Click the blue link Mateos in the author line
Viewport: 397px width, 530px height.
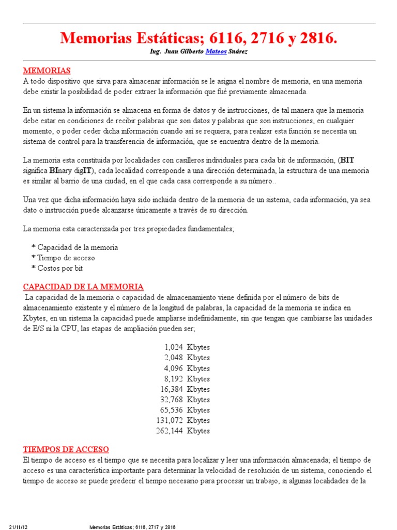215,52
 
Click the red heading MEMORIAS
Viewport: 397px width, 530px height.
47,70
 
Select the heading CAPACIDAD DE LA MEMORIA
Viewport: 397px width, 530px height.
83,287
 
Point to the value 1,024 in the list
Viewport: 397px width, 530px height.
173,348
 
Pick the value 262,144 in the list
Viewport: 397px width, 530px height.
170,431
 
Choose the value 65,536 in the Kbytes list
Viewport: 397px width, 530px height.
172,410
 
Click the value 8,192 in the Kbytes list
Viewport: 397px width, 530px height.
173,379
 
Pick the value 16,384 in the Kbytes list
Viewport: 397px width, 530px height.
172,389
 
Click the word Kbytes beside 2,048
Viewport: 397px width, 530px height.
198,358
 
